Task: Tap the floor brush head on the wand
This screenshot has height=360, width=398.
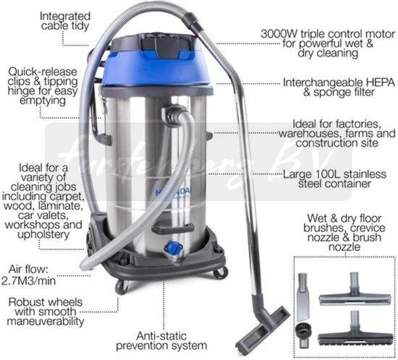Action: pos(263,329)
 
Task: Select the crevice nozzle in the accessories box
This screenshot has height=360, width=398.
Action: pos(302,296)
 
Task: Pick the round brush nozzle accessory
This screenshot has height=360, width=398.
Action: pos(302,335)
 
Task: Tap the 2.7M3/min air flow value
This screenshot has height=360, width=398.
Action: pos(29,280)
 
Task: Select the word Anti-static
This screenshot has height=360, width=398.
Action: pos(161,336)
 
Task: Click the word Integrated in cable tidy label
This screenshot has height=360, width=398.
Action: pos(65,17)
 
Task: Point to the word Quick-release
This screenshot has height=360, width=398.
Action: pos(43,72)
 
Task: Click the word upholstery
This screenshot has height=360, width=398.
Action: pos(43,235)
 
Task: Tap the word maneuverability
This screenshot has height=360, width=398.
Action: pos(46,322)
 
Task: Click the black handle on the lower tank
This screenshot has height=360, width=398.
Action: pos(173,228)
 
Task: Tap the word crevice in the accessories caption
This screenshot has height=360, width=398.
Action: pos(368,228)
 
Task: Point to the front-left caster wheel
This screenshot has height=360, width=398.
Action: pos(122,287)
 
